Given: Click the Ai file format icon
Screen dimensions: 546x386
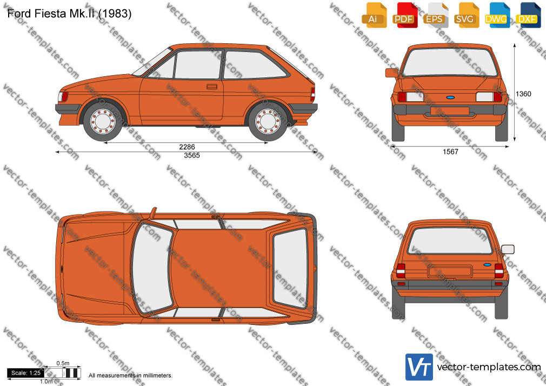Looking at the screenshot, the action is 374,15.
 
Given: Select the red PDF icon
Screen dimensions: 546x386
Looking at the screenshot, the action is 405,15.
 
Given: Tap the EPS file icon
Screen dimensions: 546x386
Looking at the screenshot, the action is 436,15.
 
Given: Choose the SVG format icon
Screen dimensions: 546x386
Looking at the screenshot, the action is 466,15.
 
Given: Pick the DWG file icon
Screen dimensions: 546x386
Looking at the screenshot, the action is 497,15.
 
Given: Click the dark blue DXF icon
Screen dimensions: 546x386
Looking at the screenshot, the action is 528,15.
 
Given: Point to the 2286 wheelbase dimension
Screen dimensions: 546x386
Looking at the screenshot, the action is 187,147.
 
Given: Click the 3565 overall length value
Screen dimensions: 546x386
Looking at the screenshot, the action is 192,155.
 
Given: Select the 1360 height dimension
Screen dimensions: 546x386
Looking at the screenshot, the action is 523,94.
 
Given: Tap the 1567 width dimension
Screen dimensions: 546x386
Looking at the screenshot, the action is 450,151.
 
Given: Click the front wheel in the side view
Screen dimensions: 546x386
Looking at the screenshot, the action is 103,122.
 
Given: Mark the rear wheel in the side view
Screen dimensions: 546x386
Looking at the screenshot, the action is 268,122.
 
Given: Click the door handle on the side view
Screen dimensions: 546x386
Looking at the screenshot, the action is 212,86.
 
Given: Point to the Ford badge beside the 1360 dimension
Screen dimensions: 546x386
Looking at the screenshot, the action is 450,97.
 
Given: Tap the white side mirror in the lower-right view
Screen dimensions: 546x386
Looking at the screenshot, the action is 508,249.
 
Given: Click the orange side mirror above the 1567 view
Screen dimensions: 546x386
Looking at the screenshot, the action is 392,72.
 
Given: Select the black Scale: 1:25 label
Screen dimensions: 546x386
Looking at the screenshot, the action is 26,373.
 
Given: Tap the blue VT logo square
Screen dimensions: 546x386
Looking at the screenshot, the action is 419,367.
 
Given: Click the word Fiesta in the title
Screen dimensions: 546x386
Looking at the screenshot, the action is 50,14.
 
